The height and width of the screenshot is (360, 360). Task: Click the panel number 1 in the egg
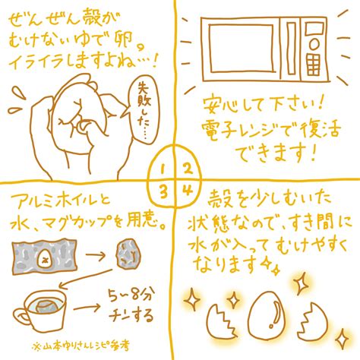coord(163,169)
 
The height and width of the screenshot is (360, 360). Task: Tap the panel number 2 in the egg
coord(187,169)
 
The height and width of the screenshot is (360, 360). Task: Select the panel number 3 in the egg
coord(163,192)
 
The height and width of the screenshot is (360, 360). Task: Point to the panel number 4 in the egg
coord(187,191)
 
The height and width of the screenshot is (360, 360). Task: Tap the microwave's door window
coord(242,49)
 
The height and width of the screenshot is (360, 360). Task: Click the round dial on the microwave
coord(314,45)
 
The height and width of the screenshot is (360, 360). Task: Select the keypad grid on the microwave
coord(313,65)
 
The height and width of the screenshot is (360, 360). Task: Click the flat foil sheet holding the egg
coord(44,257)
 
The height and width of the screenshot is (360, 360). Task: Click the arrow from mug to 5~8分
coord(87,308)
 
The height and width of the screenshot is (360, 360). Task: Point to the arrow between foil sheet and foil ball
coord(96,255)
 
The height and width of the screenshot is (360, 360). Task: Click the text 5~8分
coord(130,295)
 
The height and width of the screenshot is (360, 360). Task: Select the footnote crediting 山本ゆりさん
coord(81,346)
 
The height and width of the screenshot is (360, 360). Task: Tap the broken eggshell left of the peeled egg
coord(221,321)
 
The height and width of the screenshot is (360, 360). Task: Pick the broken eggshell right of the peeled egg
coord(313,321)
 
